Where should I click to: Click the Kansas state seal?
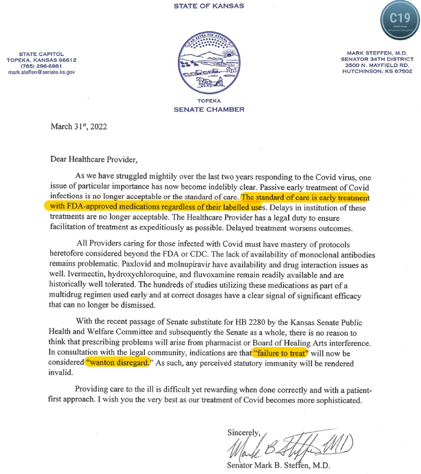(x=209, y=64)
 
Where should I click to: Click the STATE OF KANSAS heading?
(x=209, y=6)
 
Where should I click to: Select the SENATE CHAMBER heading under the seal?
(x=209, y=109)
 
